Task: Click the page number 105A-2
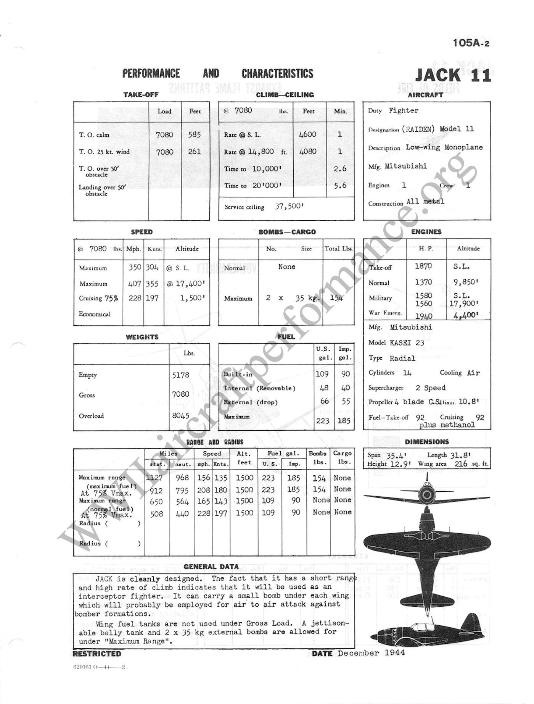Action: click(x=471, y=43)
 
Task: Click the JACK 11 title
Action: click(x=453, y=75)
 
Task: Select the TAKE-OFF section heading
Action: click(x=141, y=95)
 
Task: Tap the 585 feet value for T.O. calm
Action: click(x=195, y=134)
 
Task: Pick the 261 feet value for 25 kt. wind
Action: click(x=195, y=151)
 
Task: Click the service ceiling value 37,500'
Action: click(x=289, y=207)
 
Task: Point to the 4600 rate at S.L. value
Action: click(x=307, y=134)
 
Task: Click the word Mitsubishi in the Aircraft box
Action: click(x=405, y=166)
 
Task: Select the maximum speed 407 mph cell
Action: click(x=135, y=284)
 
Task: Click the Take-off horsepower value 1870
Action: click(x=423, y=266)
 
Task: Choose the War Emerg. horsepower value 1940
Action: click(x=424, y=316)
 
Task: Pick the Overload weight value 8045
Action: click(x=181, y=416)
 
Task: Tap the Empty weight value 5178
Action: click(x=180, y=375)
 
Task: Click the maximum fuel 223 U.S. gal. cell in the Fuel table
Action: click(x=322, y=421)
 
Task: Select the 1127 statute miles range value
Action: click(x=154, y=478)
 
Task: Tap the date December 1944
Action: click(x=371, y=653)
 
